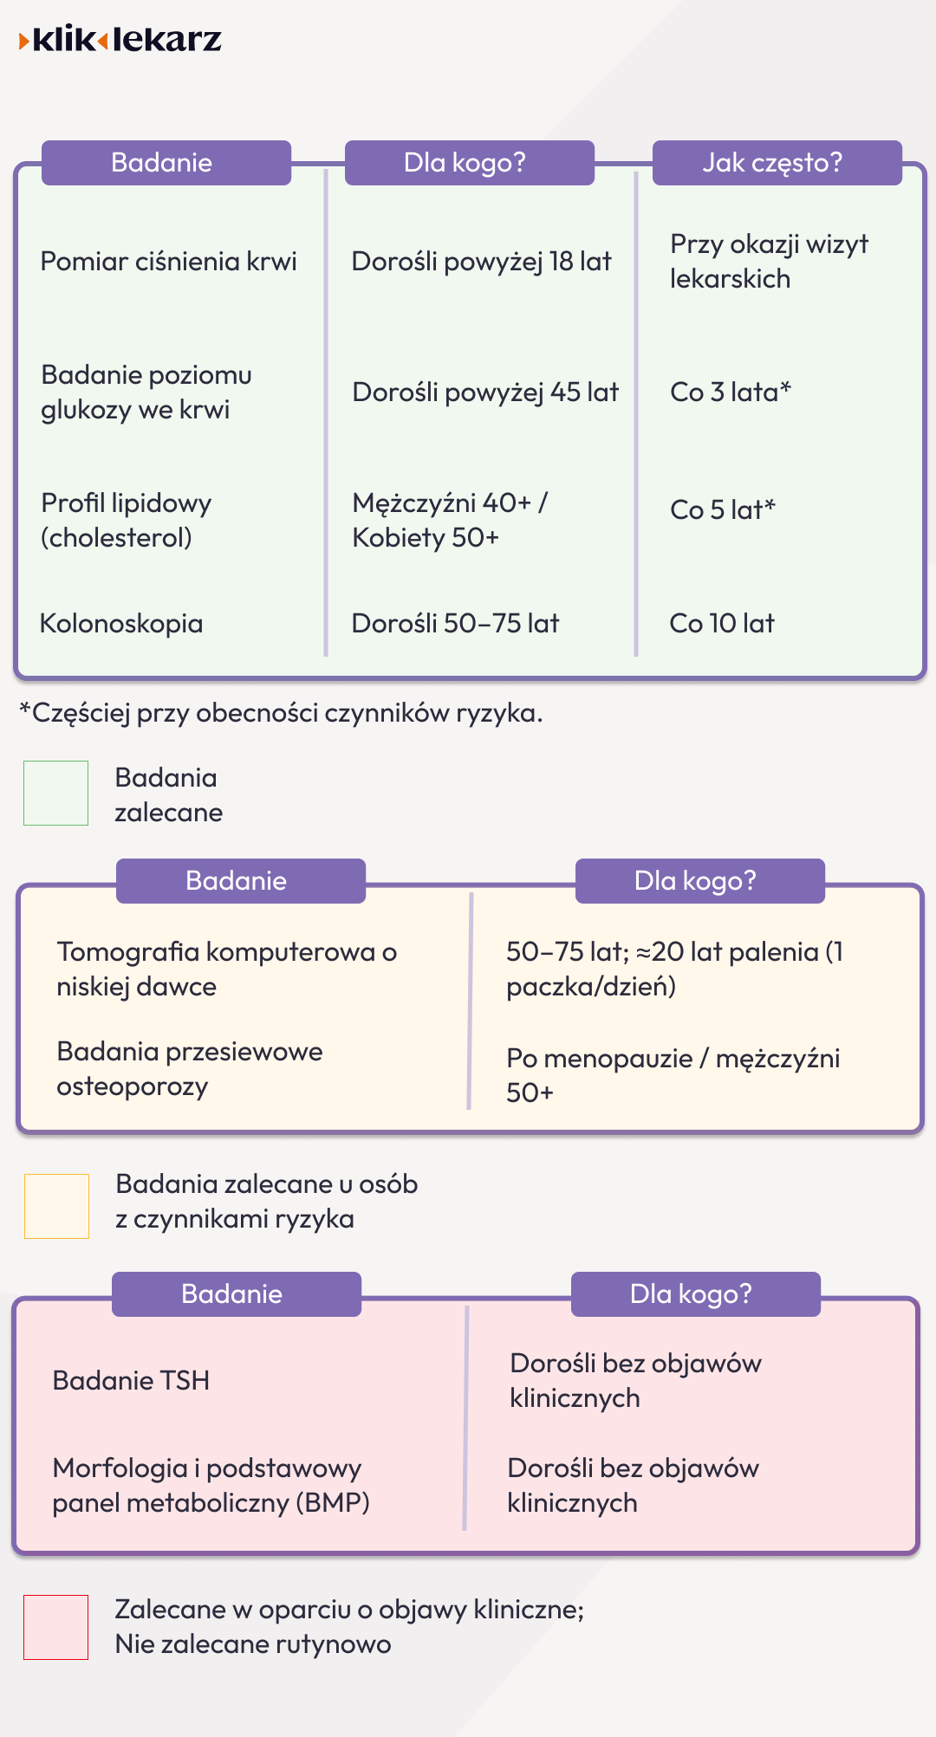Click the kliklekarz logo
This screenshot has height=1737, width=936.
(x=120, y=40)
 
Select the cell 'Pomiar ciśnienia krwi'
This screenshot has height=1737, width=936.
(x=169, y=261)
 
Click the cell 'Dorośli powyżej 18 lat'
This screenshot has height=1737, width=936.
(x=482, y=261)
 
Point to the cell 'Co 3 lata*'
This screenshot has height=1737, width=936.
(x=731, y=392)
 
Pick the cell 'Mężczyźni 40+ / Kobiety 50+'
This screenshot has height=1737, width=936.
(x=450, y=520)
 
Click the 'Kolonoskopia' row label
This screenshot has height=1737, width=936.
(x=121, y=623)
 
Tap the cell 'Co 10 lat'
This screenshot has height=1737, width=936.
(x=722, y=623)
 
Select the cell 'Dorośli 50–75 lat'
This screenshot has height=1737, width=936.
(x=456, y=623)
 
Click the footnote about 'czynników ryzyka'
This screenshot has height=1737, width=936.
(x=282, y=713)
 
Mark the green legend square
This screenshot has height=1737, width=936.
(x=55, y=793)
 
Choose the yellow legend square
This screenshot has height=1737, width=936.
(x=56, y=1206)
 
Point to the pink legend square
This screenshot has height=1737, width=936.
(x=55, y=1627)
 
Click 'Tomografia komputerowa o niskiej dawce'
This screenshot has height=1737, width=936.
(x=227, y=969)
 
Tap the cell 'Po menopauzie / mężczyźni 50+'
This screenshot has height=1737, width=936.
(x=673, y=1075)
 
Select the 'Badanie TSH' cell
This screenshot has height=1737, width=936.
(x=131, y=1380)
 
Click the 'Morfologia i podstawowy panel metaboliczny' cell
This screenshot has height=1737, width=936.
(x=211, y=1485)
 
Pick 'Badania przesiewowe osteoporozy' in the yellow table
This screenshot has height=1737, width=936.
(x=190, y=1068)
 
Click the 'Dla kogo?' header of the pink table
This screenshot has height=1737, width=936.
(x=695, y=1294)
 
